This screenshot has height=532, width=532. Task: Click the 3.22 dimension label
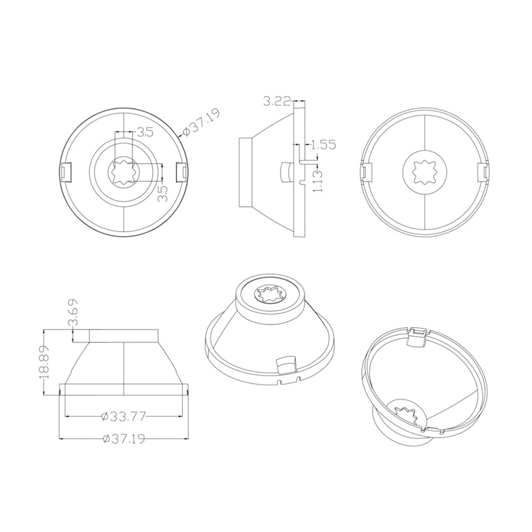pyautogui.click(x=277, y=102)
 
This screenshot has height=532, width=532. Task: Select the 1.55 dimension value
pyautogui.click(x=323, y=144)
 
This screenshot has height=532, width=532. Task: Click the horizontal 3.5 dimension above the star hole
pyautogui.click(x=144, y=132)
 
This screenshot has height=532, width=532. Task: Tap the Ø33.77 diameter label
pyautogui.click(x=124, y=417)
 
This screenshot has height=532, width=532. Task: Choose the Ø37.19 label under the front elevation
pyautogui.click(x=124, y=440)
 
